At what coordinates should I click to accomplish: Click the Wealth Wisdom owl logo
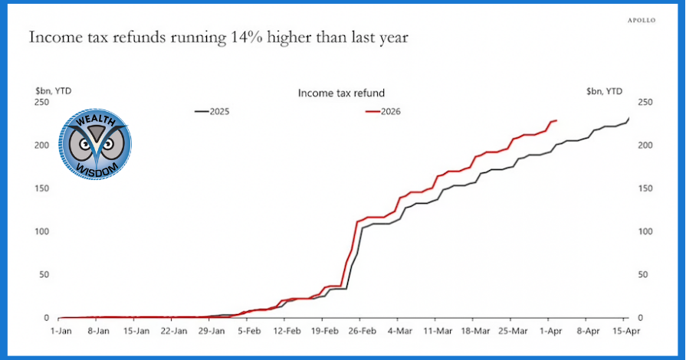(97, 145)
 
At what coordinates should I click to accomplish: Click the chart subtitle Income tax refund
(341, 93)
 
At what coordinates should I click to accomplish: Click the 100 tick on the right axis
(645, 231)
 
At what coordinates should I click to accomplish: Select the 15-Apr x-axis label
(625, 332)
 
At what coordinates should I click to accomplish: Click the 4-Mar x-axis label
(400, 332)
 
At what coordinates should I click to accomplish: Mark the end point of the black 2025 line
(629, 118)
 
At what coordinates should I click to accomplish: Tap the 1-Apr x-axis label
(550, 332)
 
